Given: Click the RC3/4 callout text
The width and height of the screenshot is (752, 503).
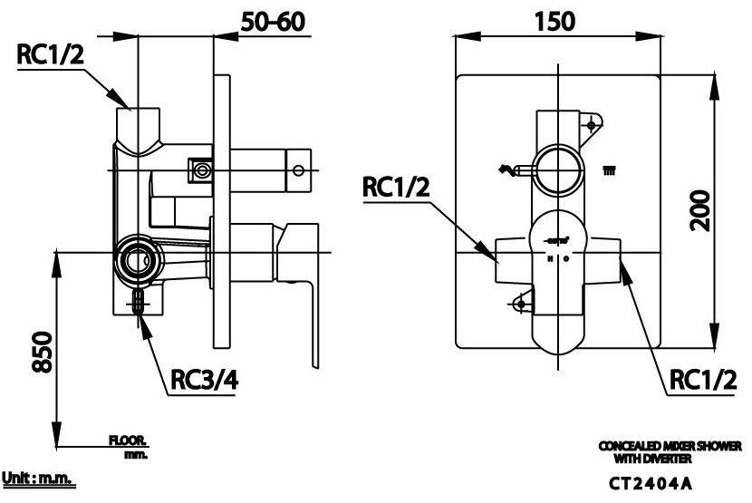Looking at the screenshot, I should click(x=205, y=381).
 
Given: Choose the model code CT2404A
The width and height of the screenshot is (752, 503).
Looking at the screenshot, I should click(x=668, y=483).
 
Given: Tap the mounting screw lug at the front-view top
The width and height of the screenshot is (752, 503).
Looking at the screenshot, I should click(x=593, y=121).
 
